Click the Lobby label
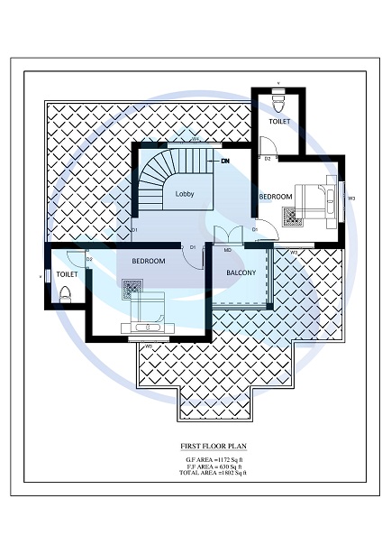[x=185, y=193]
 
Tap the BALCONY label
[x=241, y=272]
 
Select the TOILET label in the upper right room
[x=280, y=122]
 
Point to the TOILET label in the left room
[x=67, y=272]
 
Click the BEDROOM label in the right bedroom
[x=276, y=196]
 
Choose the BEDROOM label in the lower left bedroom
[x=148, y=261]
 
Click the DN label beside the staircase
[x=225, y=161]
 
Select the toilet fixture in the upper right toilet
[x=278, y=101]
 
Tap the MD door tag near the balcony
[x=228, y=248]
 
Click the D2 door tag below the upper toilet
[x=268, y=159]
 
